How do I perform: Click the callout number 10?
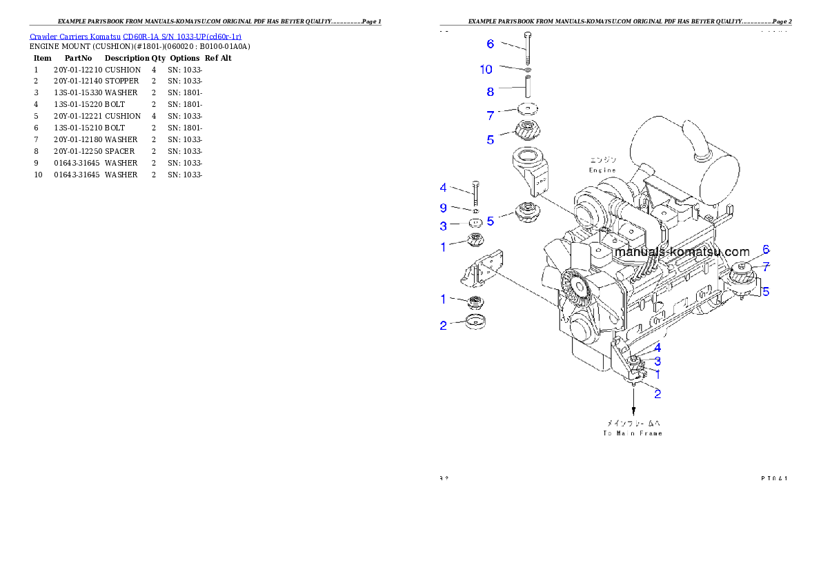(486, 69)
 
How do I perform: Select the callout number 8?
(491, 91)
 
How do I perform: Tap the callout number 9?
(444, 208)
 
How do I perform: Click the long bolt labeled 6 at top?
(528, 48)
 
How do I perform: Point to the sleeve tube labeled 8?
(528, 88)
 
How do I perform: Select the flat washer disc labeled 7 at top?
(528, 110)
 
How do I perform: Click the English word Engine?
(602, 170)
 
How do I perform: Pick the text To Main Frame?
(632, 433)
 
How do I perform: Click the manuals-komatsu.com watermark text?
(681, 252)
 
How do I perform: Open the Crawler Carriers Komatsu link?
(135, 36)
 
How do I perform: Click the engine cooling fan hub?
(574, 284)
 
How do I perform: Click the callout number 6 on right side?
(766, 250)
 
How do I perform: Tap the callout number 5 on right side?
(766, 292)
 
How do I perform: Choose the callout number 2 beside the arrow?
(657, 394)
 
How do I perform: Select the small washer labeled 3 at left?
(475, 224)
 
